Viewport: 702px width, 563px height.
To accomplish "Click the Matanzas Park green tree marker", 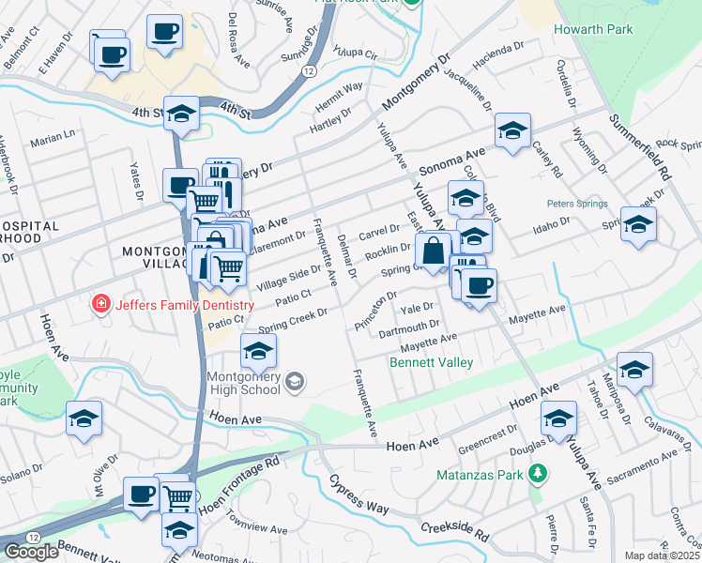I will [x=538, y=473].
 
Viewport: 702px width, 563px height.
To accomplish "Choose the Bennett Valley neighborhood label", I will [x=428, y=360].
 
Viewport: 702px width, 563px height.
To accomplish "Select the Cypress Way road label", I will [x=359, y=495].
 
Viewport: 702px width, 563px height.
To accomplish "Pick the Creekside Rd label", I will [x=455, y=531].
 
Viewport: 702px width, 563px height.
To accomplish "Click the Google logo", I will [x=31, y=552].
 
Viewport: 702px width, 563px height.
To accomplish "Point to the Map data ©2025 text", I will [x=663, y=555].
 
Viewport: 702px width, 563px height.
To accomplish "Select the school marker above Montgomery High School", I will [x=259, y=352].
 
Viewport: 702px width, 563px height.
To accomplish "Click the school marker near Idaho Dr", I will [x=638, y=225].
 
